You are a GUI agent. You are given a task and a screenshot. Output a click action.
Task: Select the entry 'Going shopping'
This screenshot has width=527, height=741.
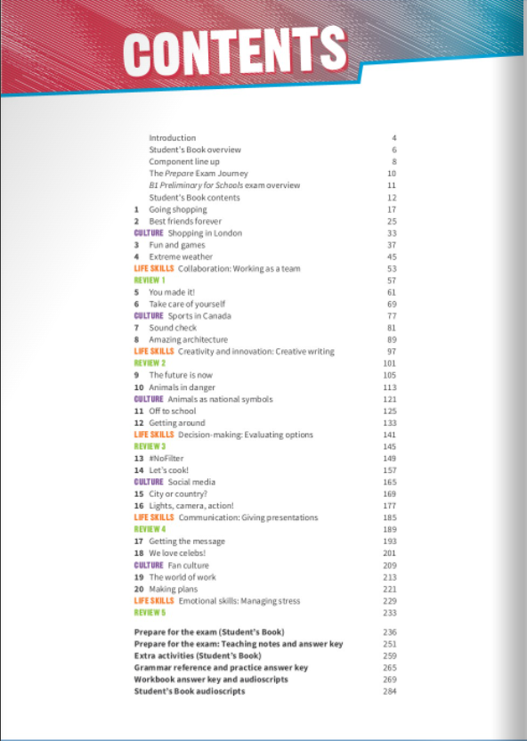[x=177, y=209]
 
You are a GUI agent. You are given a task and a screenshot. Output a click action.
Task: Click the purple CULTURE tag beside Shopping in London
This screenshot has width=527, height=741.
[x=149, y=233]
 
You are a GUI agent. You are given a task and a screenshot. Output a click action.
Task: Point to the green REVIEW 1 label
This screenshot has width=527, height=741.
[x=150, y=281]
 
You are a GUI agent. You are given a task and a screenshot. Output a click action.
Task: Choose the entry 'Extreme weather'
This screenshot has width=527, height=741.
[x=181, y=256]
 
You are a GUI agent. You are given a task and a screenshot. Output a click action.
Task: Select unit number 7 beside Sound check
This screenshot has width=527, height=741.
[x=136, y=328]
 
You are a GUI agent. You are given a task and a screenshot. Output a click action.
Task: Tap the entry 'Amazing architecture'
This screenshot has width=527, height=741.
[x=188, y=339]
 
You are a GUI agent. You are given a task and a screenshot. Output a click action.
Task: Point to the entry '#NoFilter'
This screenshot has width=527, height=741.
[x=166, y=459]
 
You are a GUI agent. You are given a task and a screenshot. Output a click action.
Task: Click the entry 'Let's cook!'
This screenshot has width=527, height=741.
[x=168, y=470]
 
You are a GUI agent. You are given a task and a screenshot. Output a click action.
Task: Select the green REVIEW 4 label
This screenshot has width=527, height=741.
[x=150, y=530]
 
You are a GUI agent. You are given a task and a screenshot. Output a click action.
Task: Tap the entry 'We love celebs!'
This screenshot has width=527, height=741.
[x=177, y=553]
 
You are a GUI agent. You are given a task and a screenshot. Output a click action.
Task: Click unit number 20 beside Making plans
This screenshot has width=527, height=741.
[x=138, y=589]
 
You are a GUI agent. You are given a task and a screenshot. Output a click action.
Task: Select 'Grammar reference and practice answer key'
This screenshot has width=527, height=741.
[x=221, y=667]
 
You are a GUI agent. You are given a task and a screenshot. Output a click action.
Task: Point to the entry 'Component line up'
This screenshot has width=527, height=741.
[x=184, y=162]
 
